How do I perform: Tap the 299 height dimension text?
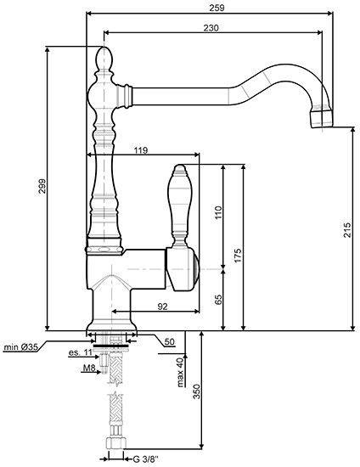[x=41, y=189]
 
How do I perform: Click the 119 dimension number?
[x=142, y=150]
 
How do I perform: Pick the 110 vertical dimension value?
[x=217, y=212]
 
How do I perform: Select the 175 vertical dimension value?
[x=238, y=256]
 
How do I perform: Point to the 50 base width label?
[x=169, y=341]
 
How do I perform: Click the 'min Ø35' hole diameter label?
[x=20, y=346]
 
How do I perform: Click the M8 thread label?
[x=87, y=369]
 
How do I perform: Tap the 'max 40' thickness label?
[x=180, y=370]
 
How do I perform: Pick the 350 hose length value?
[x=196, y=391]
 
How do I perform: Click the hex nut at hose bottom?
[x=114, y=444]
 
